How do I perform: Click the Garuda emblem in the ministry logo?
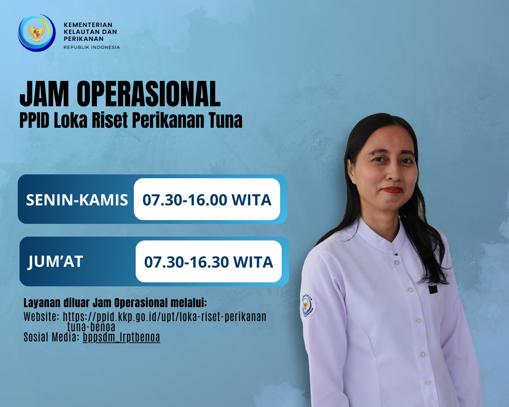(37, 33)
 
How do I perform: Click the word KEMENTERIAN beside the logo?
(88, 25)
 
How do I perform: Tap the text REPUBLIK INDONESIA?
(92, 47)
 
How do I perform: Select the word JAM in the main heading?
(44, 94)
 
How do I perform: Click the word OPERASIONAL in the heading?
(149, 94)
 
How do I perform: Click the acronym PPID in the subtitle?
(34, 120)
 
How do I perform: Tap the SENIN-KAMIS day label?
(77, 200)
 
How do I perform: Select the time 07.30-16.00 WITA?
(207, 200)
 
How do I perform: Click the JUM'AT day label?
(55, 262)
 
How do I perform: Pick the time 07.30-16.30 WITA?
(209, 262)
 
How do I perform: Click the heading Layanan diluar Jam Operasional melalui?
(115, 303)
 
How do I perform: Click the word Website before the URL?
(41, 317)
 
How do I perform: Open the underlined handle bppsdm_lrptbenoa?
(121, 337)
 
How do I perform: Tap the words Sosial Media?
(51, 337)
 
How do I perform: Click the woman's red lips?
(392, 190)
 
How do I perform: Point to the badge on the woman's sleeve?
(308, 306)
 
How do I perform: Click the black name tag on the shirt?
(433, 290)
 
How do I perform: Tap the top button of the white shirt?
(397, 262)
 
